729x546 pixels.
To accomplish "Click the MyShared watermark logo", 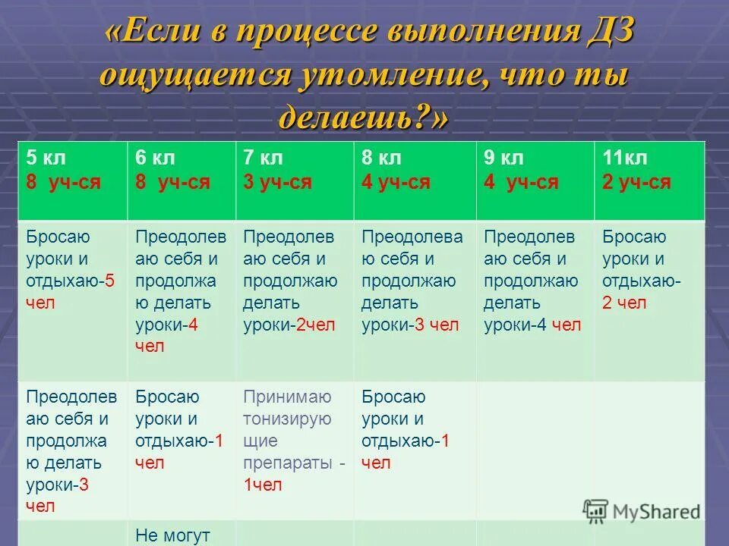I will coord(642,511).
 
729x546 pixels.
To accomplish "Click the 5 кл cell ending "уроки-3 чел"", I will coord(71,451).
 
